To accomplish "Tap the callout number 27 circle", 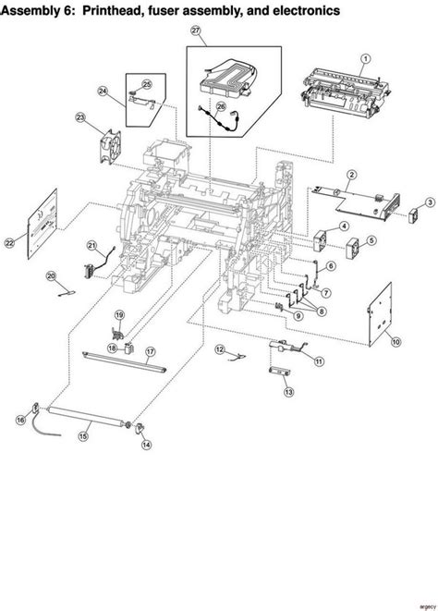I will (196, 31).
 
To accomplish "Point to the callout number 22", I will (10, 243).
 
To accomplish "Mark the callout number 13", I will (288, 393).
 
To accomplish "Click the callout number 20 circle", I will (52, 275).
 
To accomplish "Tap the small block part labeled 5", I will (352, 249).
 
